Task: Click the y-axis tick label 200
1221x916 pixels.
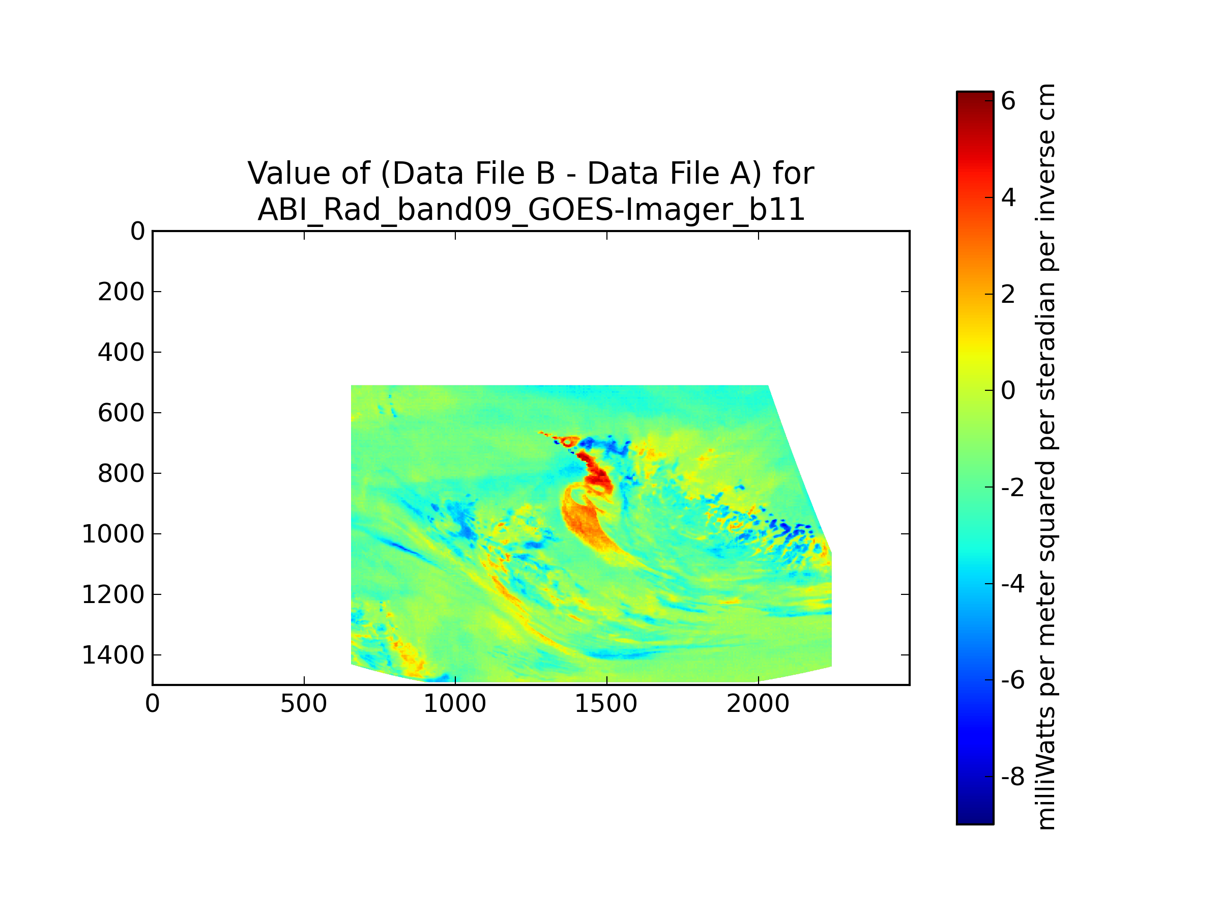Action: coord(121,292)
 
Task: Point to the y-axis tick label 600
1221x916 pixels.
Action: coord(121,413)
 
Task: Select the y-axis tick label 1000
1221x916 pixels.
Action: coord(113,534)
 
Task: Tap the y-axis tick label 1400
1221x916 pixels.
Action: coord(113,655)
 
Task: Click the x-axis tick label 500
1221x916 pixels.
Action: coord(304,704)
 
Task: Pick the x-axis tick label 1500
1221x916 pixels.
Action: coord(606,704)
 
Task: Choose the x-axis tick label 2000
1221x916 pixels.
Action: coord(758,704)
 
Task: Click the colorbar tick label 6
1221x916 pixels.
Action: coord(1008,101)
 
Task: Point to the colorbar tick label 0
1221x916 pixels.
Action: coord(1008,391)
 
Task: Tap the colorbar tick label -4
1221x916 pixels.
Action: coord(1012,584)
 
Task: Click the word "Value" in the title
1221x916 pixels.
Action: coord(280,174)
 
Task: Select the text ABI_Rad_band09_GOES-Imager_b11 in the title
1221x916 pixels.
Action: coord(531,210)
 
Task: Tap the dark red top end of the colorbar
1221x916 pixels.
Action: coord(975,97)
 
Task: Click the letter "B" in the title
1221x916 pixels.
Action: coord(545,174)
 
